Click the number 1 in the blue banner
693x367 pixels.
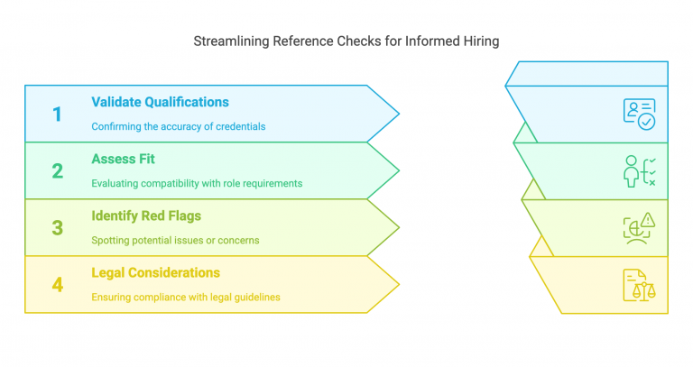click(x=57, y=114)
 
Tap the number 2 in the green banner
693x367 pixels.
click(x=57, y=170)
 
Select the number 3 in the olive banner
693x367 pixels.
click(x=57, y=227)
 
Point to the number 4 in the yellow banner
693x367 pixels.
click(x=57, y=284)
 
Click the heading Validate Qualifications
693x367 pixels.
click(x=160, y=102)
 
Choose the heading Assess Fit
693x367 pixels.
click(x=124, y=159)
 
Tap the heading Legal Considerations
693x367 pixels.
click(x=155, y=272)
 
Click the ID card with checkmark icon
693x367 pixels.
click(x=639, y=114)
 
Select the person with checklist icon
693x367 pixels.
click(x=639, y=170)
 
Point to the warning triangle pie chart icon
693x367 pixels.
click(x=639, y=227)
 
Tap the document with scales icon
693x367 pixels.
click(x=639, y=284)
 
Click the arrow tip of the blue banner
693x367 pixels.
click(x=398, y=114)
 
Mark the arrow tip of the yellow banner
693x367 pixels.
click(x=398, y=284)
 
